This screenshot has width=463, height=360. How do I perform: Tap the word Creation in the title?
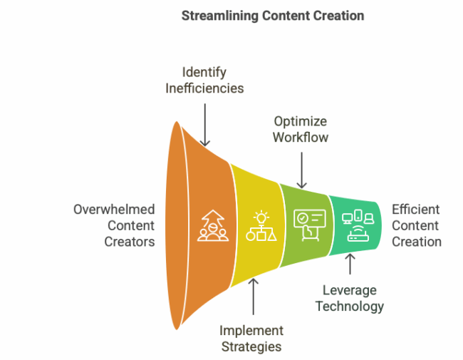tap(338, 16)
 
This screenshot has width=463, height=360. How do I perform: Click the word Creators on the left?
tap(130, 242)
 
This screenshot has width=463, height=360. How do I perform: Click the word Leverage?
tap(350, 290)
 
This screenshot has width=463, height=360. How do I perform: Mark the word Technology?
tap(350, 307)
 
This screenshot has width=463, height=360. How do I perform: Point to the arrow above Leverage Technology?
tap(350, 264)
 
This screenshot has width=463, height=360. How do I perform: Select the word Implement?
tap(251, 331)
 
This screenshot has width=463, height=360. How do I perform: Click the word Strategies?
tap(251, 347)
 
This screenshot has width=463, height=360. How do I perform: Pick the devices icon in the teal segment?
tap(355, 227)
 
